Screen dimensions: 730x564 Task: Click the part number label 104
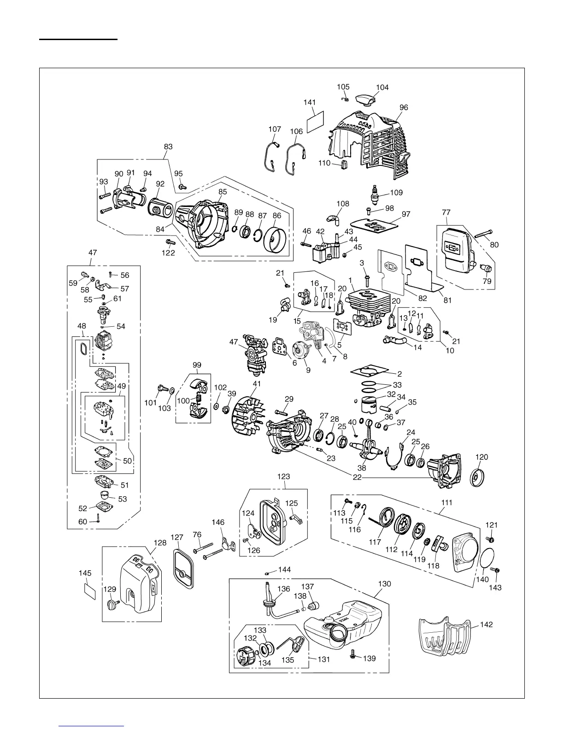[x=382, y=87]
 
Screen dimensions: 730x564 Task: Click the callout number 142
[x=486, y=624]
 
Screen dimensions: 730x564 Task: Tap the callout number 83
[x=168, y=147]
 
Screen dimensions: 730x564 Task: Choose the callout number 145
[x=85, y=573]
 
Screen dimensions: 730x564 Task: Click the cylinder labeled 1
[x=366, y=304]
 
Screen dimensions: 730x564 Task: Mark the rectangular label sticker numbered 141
[x=315, y=121]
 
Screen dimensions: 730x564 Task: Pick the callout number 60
[x=82, y=522]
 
